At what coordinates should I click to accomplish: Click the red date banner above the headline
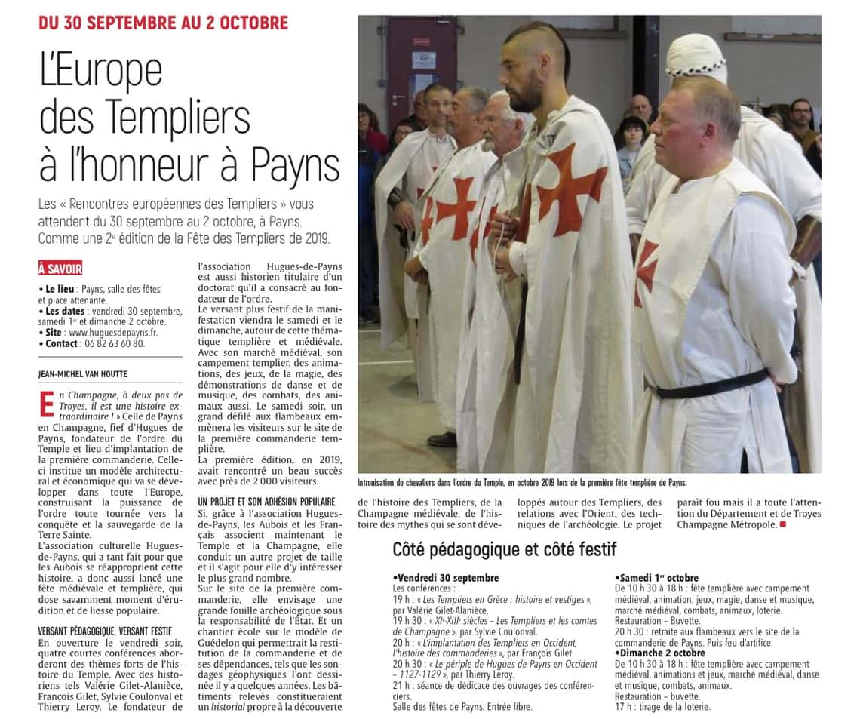click(163, 22)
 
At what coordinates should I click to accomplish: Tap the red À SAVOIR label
click(60, 269)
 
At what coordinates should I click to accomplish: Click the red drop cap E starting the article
click(47, 404)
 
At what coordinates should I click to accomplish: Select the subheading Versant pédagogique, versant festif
click(105, 631)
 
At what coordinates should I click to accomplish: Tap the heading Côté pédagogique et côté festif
click(505, 548)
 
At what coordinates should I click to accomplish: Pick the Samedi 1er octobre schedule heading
click(657, 578)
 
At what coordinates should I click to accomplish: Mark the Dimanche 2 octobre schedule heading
click(661, 653)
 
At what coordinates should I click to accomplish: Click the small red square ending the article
click(782, 524)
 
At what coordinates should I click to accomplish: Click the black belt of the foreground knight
click(709, 384)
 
